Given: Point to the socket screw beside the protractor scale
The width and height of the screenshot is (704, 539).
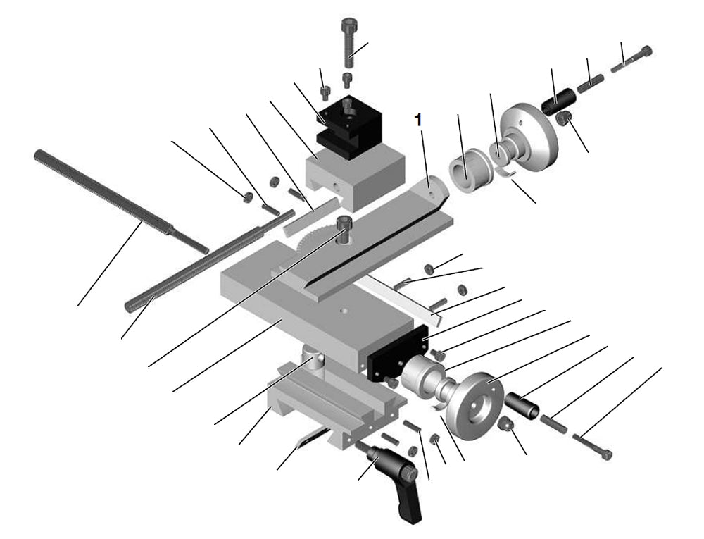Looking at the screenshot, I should tap(344, 228).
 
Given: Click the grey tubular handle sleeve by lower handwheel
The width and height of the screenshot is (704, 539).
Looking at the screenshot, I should tap(523, 405).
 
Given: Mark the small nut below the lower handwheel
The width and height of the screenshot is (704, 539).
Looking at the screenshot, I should tap(505, 426).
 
